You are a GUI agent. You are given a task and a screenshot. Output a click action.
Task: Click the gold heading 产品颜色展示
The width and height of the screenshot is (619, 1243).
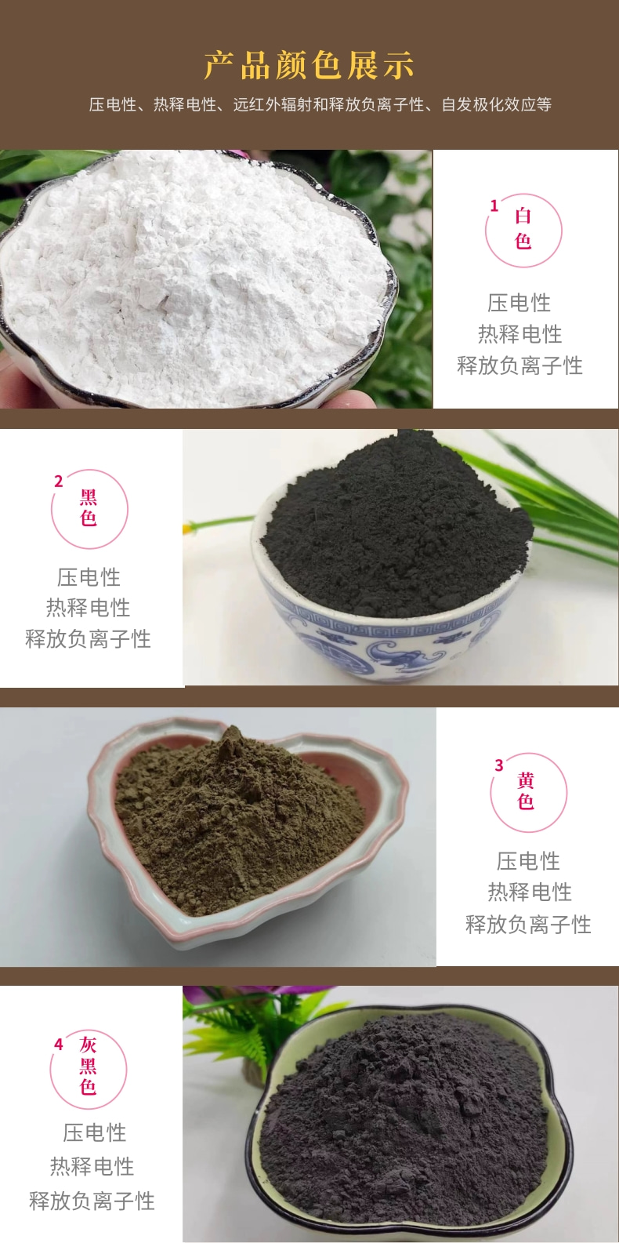[309, 65]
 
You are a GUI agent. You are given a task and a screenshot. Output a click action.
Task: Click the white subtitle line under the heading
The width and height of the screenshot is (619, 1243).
[320, 104]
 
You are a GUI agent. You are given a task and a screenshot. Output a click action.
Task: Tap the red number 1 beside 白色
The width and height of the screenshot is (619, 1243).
[494, 206]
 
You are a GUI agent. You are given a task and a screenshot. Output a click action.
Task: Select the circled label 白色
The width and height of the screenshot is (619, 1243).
[523, 229]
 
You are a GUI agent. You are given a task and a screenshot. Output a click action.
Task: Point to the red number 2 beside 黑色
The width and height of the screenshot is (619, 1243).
[58, 481]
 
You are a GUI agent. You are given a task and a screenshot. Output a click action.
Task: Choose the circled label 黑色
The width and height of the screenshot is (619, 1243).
[89, 507]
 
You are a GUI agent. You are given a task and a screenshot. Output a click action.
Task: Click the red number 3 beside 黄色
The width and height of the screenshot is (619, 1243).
[498, 765]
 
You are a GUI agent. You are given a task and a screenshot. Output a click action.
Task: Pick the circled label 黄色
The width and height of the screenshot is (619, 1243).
[526, 791]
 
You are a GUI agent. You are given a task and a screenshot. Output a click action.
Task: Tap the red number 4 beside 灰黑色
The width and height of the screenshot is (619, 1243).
[58, 1045]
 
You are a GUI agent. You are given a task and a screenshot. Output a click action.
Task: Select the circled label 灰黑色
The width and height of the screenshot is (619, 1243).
[89, 1066]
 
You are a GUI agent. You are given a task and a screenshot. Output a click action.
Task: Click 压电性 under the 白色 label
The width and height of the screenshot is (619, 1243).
[519, 303]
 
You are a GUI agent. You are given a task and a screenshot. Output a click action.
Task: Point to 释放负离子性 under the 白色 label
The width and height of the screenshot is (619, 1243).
[519, 365]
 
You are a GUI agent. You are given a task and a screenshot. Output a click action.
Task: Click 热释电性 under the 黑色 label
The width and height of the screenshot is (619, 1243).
[89, 609]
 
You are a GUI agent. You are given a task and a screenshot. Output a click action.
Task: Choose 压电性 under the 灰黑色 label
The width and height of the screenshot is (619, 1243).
[95, 1133]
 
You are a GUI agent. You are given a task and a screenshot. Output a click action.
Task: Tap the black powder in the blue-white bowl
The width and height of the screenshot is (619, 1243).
[396, 527]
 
